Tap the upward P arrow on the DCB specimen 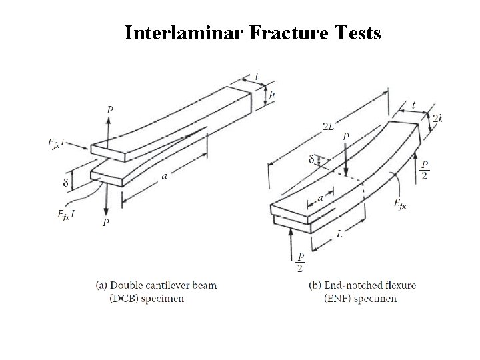pos(110,127)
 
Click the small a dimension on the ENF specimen pos(321,199)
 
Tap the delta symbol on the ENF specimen pos(311,159)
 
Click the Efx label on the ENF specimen pos(400,203)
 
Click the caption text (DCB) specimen pos(147,298)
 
